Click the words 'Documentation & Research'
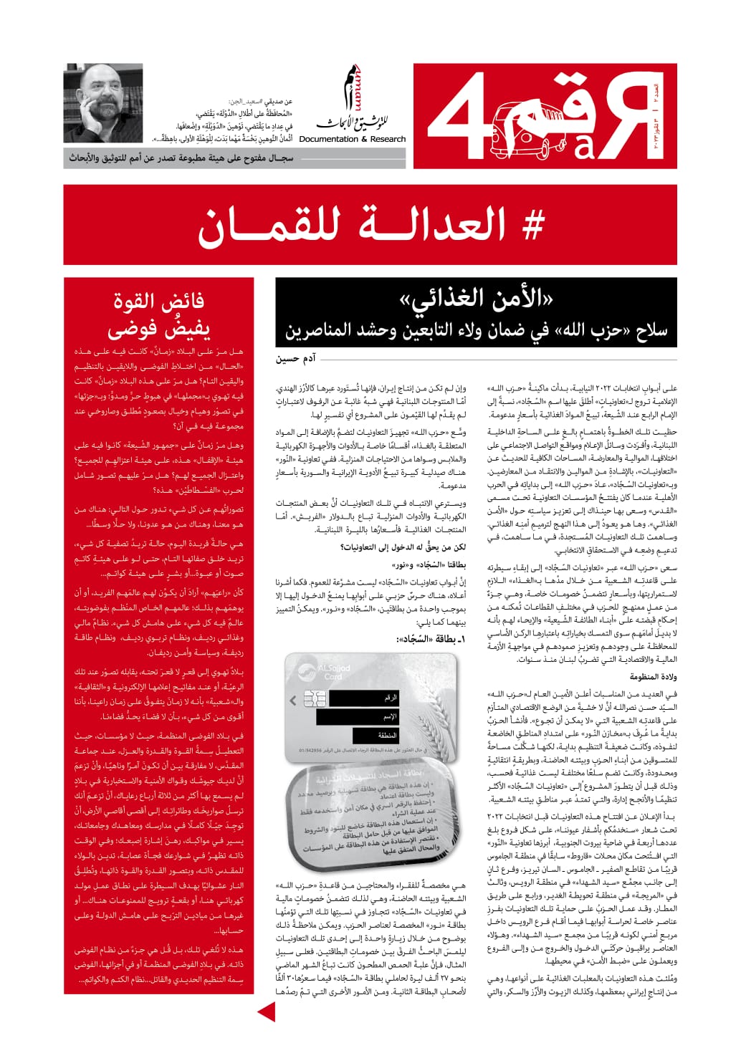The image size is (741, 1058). coord(352,139)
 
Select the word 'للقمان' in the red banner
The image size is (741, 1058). coord(269,225)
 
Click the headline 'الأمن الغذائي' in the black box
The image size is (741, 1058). coord(476,299)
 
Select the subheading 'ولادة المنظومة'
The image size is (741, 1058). coord(653,676)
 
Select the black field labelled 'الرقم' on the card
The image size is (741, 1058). coord(357,697)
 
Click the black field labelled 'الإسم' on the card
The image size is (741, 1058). coord(357,716)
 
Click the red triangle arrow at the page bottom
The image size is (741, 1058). coord(266,1011)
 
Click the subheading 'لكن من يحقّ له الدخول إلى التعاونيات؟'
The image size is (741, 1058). coord(402,548)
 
